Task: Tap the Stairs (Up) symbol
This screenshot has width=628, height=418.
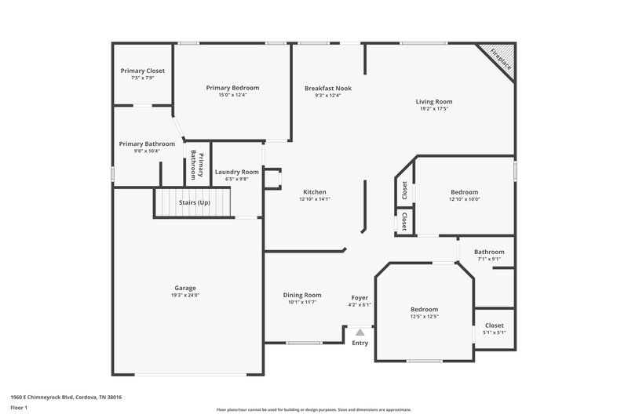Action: pyautogui.click(x=194, y=203)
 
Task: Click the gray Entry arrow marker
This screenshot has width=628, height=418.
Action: pyautogui.click(x=360, y=333)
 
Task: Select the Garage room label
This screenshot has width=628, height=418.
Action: pyautogui.click(x=185, y=288)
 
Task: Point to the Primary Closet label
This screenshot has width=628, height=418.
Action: pyautogui.click(x=143, y=71)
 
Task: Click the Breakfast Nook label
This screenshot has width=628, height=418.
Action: pyautogui.click(x=328, y=89)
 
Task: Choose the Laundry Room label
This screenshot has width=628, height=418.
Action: pyautogui.click(x=237, y=172)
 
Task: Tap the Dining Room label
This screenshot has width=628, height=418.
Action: pyautogui.click(x=302, y=295)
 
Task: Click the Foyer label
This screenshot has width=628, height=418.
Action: pyautogui.click(x=360, y=297)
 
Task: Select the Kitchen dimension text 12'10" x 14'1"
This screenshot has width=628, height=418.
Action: pyautogui.click(x=314, y=199)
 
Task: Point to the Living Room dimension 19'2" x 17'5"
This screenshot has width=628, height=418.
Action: pyautogui.click(x=434, y=109)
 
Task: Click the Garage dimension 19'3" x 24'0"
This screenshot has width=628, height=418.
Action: pyautogui.click(x=185, y=296)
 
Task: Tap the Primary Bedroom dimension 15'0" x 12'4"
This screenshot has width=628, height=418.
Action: pyautogui.click(x=232, y=96)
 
